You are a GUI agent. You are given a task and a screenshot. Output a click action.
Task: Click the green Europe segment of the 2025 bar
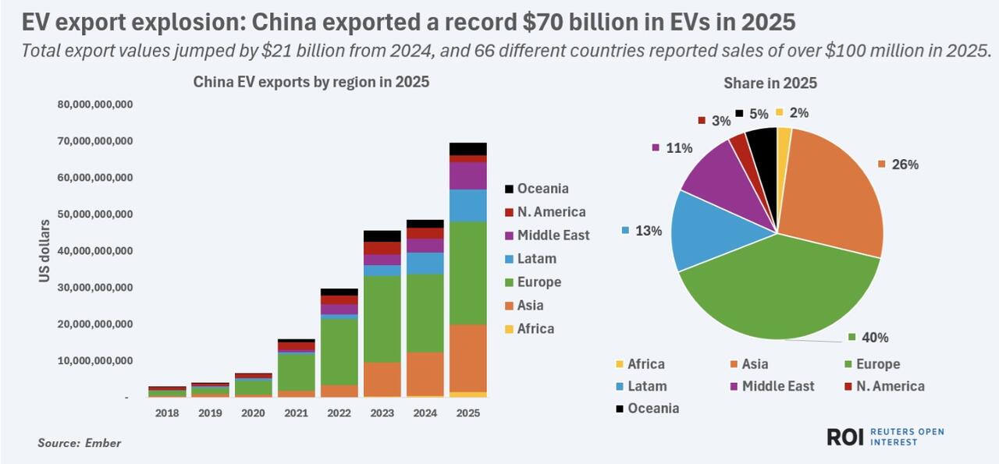[468, 273]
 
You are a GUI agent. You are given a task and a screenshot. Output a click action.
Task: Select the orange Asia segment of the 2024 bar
[425, 374]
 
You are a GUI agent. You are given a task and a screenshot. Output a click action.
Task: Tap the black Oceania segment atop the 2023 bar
[382, 236]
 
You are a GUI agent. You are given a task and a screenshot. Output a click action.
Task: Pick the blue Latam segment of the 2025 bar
[468, 205]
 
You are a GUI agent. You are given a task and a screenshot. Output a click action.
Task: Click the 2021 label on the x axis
[296, 413]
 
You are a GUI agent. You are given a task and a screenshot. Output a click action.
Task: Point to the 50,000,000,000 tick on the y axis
[95, 214]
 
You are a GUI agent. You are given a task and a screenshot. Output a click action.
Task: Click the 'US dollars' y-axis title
[44, 251]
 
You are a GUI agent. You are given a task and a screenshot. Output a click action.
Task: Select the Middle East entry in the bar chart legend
[547, 236]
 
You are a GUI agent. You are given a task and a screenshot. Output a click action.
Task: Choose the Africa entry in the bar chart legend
[529, 329]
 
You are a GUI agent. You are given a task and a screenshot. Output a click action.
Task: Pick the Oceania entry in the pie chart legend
[648, 409]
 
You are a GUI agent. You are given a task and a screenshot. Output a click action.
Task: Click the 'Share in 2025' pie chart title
[770, 83]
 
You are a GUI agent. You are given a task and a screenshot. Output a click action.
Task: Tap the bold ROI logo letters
[845, 437]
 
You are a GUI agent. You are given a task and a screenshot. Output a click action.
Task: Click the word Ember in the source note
[103, 443]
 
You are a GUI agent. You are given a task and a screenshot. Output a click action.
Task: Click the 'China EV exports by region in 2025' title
[311, 82]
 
